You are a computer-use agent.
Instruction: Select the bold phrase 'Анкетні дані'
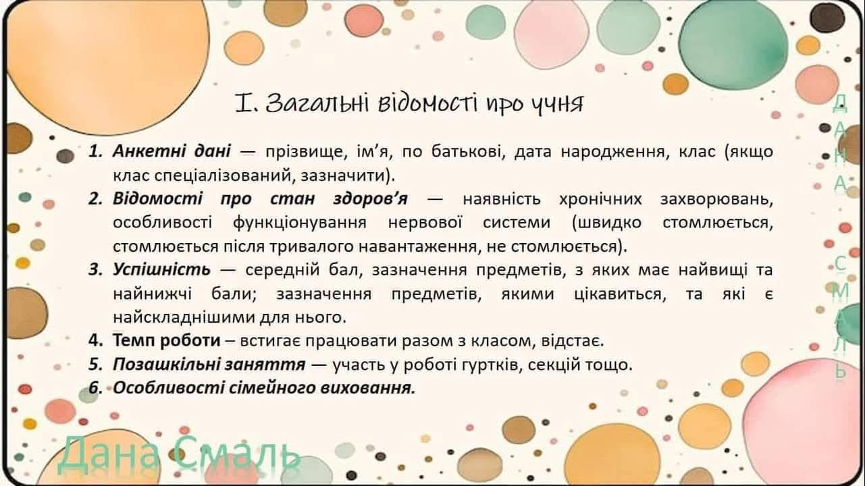point(172,151)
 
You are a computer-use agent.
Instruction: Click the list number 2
point(95,199)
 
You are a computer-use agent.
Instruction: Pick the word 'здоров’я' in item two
point(370,200)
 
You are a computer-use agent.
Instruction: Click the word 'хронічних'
point(600,200)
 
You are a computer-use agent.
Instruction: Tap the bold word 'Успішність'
point(161,270)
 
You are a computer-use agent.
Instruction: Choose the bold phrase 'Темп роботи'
point(166,341)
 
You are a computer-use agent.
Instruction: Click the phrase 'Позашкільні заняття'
point(209,364)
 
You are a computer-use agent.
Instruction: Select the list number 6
point(95,388)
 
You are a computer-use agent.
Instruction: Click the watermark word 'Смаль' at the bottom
point(236,456)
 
